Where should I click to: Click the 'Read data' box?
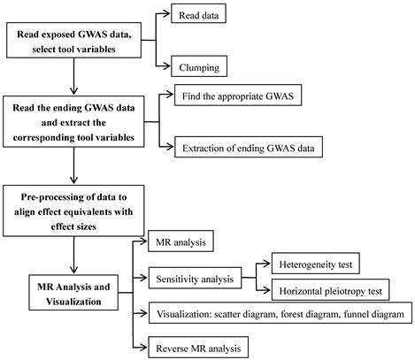point(198,13)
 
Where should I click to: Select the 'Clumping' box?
point(199,66)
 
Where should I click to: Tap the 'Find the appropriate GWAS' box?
point(238,96)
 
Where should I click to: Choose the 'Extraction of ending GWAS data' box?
point(249,147)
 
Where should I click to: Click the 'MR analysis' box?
point(181,241)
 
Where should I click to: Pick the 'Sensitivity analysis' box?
point(195,278)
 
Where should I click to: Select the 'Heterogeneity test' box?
point(316,264)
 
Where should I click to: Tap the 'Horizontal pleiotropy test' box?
point(330,290)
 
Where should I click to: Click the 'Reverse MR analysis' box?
point(198,348)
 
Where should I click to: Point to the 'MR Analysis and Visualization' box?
point(73,293)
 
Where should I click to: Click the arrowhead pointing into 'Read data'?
point(166,13)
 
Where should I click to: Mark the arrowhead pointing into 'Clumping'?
point(166,66)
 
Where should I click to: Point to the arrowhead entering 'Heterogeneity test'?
point(267,264)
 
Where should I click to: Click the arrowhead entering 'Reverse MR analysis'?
point(143,348)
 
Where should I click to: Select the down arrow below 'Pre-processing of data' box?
point(73,255)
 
